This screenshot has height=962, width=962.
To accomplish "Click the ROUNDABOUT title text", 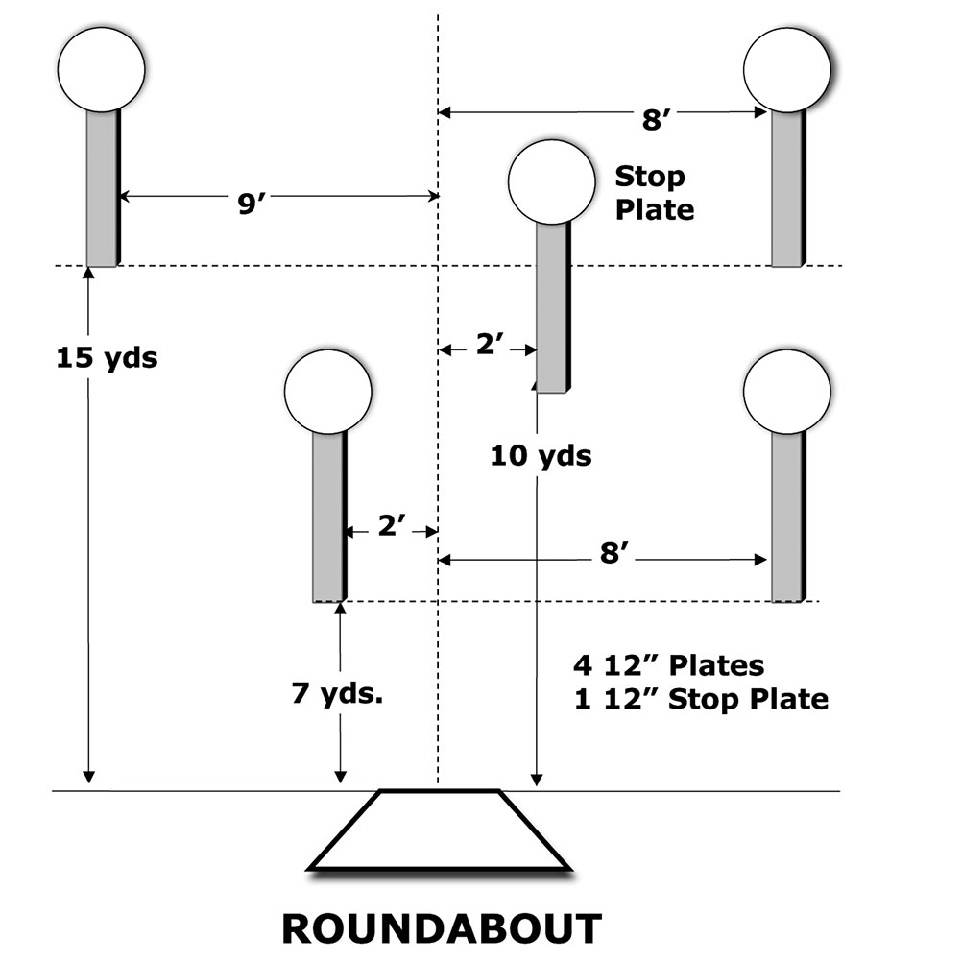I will [x=442, y=928].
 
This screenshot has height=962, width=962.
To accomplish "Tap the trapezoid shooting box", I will [x=441, y=830].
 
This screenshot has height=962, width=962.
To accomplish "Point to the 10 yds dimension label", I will [x=541, y=455].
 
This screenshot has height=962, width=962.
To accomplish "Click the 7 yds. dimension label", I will [x=339, y=692].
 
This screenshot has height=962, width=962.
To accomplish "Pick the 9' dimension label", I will [x=252, y=204].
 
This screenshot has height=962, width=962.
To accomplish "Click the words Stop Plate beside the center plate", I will [x=653, y=192].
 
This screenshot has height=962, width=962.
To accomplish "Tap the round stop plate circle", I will [x=552, y=182].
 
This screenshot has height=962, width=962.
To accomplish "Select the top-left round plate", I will [x=101, y=69].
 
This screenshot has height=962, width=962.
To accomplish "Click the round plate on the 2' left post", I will [x=328, y=392].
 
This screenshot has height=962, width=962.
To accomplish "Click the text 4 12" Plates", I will [x=668, y=664].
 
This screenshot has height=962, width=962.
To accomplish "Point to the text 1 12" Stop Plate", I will [x=700, y=698].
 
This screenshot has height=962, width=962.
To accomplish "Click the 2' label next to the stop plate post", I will [x=490, y=347].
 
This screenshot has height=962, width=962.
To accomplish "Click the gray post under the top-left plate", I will [x=102, y=188].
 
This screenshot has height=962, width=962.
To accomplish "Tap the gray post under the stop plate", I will [x=552, y=307].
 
